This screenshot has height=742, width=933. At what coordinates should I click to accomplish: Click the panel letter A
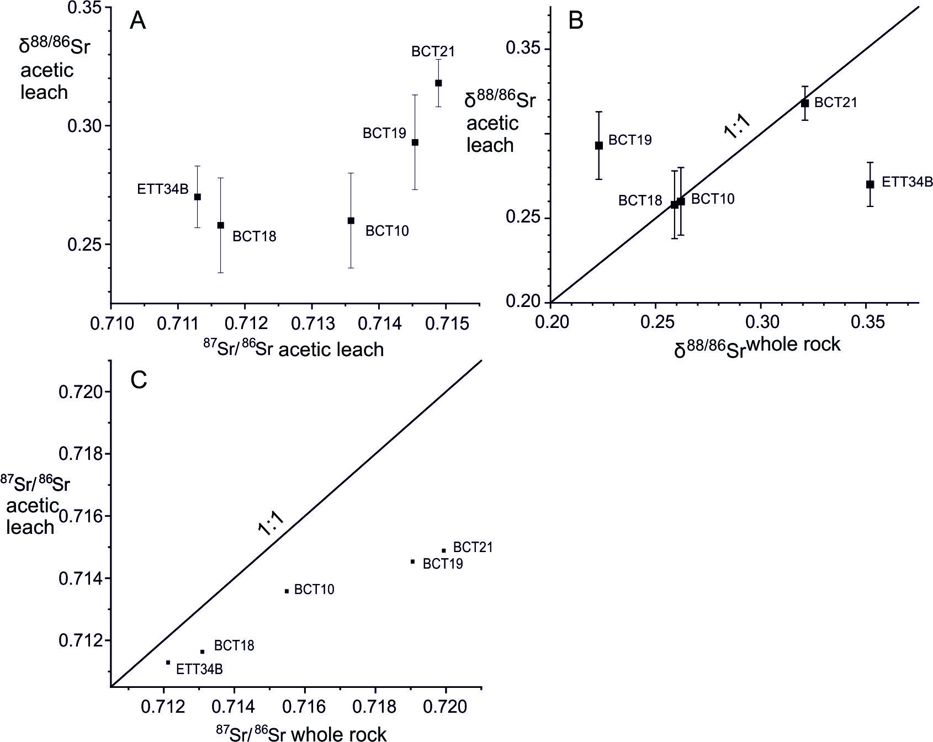click(x=138, y=22)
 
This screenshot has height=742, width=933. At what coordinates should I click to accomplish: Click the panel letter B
click(x=575, y=20)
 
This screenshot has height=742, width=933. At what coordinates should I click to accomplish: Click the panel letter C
click(x=138, y=379)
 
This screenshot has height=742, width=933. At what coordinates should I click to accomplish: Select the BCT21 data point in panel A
click(x=438, y=83)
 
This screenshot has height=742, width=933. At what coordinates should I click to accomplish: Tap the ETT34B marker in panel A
click(x=197, y=197)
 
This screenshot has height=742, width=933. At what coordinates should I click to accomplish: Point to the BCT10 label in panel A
click(x=387, y=231)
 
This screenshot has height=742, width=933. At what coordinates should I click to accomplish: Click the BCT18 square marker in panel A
click(x=221, y=225)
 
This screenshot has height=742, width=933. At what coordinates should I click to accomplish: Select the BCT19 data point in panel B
click(x=599, y=146)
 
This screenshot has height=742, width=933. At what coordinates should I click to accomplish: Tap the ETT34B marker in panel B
click(x=870, y=184)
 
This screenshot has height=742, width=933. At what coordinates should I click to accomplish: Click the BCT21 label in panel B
click(x=835, y=103)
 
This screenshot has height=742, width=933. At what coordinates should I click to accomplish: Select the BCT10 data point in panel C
click(x=287, y=591)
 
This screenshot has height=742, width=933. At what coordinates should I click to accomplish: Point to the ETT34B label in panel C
click(x=199, y=670)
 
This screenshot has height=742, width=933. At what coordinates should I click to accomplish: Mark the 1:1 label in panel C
click(x=271, y=522)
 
